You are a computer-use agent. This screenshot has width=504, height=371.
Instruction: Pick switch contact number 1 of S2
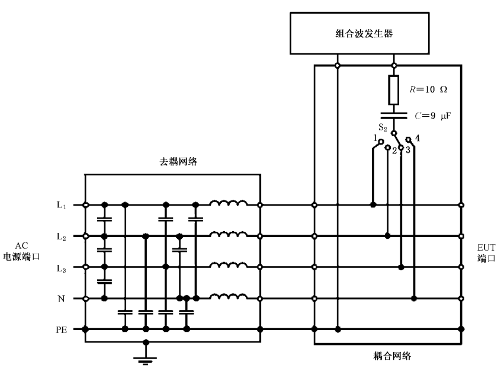coord(382,141)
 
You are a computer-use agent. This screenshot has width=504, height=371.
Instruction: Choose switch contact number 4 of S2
coord(408,139)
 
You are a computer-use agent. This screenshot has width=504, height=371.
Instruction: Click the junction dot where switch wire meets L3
coord(402,267)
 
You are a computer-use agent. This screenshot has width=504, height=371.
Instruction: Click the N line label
coord(61,299)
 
